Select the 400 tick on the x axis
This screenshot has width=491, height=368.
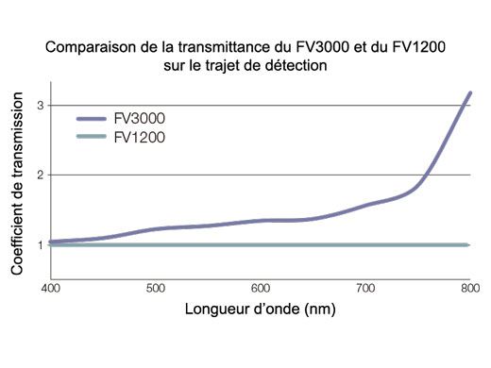click(x=50, y=287)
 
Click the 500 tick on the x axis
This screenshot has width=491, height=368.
click(x=156, y=287)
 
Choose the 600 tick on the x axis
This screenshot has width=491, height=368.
click(x=261, y=287)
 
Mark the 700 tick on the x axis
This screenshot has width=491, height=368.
click(x=365, y=287)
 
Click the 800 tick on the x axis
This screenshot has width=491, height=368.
click(x=469, y=287)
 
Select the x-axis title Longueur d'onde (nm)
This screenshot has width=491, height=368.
click(x=260, y=309)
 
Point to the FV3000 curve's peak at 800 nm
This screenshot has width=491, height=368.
click(x=469, y=93)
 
